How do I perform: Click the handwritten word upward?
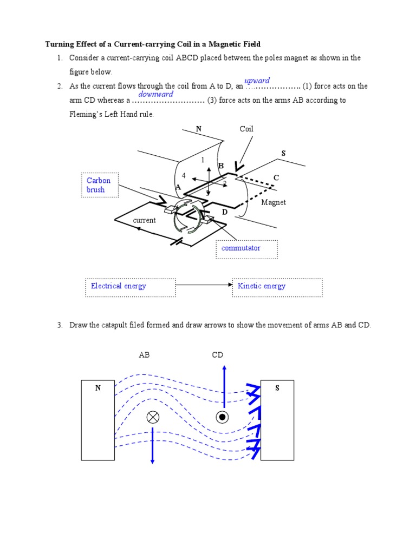[x=257, y=81]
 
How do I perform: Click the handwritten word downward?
[x=155, y=94]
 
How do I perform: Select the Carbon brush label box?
[x=99, y=185]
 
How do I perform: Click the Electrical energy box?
[x=130, y=286]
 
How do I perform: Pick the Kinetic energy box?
[x=277, y=286]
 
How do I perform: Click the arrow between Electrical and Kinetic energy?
[x=204, y=285]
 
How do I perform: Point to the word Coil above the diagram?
[x=246, y=129]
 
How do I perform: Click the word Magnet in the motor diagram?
[x=273, y=202]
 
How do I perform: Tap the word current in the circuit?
[x=144, y=220]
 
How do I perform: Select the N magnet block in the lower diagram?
[x=97, y=420]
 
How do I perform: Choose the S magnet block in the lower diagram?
[x=277, y=420]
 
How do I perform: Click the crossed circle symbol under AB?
[x=153, y=417]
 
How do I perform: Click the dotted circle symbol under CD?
[x=222, y=417]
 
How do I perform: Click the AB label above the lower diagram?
[x=144, y=355]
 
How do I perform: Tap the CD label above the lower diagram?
[x=217, y=355]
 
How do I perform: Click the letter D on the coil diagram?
[x=224, y=213]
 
